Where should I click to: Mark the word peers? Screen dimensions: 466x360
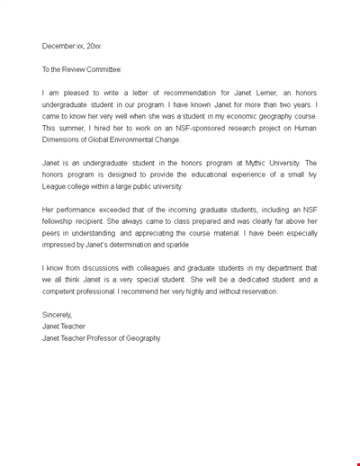tap(52, 233)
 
